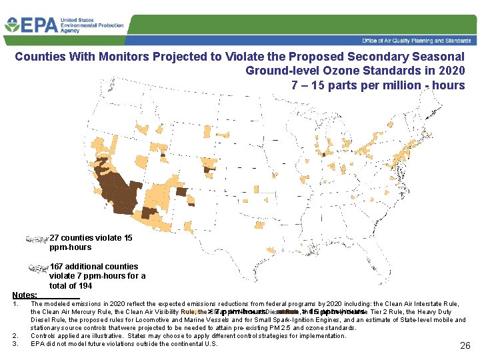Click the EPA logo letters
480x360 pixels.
pos(39,26)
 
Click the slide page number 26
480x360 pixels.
pos(465,345)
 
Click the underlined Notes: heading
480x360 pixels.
pos(25,294)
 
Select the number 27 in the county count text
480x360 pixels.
pos(55,238)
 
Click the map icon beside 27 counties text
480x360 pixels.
pos(37,239)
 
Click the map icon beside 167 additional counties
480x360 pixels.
pos(39,268)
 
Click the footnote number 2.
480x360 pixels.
pos(15,335)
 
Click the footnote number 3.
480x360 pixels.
pos(15,343)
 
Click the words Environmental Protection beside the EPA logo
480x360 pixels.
pos(92,25)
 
